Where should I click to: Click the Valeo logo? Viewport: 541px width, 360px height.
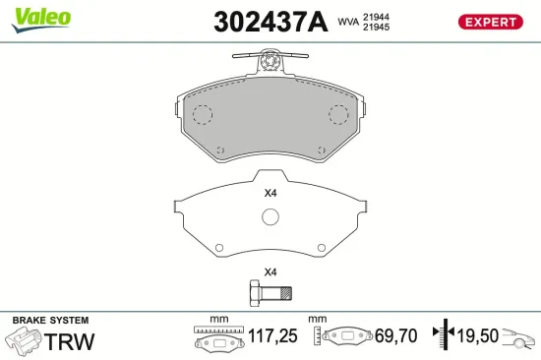pyautogui.click(x=42, y=17)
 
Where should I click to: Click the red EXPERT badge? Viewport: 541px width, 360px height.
pyautogui.click(x=490, y=22)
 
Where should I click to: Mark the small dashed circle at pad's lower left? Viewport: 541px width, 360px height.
pyautogui.click(x=219, y=150)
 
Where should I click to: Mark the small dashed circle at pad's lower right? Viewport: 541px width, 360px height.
pyautogui.click(x=321, y=150)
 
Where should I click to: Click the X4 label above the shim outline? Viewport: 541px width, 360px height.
pyautogui.click(x=270, y=193)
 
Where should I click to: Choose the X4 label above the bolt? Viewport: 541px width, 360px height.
pyautogui.click(x=270, y=271)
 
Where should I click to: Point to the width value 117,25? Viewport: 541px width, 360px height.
pyautogui.click(x=272, y=337)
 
